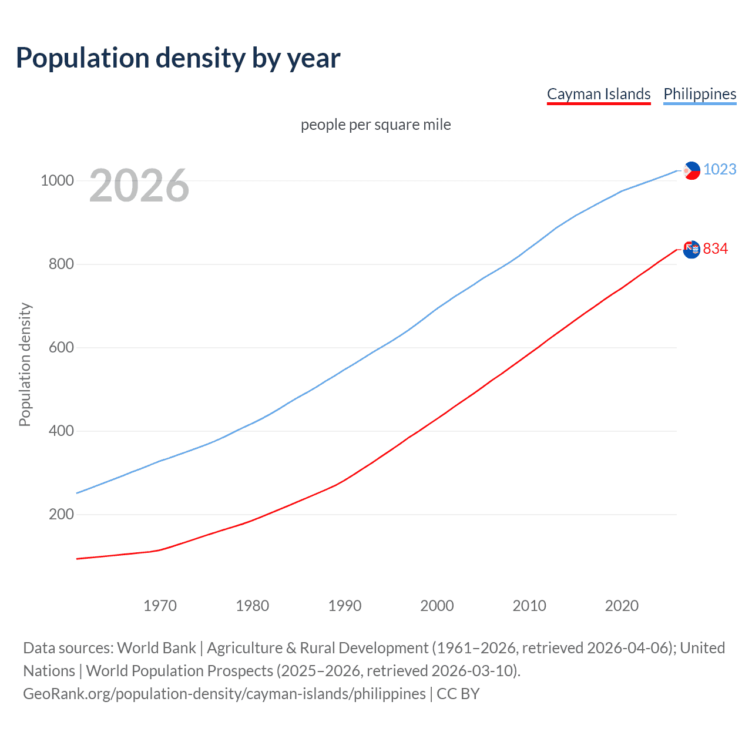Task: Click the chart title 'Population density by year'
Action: click(178, 58)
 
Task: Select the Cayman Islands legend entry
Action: click(599, 94)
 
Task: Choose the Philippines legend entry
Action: click(700, 94)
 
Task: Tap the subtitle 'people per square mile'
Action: click(376, 125)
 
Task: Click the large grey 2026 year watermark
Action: click(139, 186)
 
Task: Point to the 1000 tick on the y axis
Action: click(57, 180)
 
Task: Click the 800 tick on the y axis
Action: click(61, 264)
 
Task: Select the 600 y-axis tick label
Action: click(61, 347)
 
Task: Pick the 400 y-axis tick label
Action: click(61, 431)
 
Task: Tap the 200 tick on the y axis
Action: click(61, 514)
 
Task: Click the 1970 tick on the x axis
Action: click(160, 606)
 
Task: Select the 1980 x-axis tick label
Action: click(252, 606)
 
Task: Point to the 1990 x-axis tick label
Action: click(345, 606)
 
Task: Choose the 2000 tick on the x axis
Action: click(437, 606)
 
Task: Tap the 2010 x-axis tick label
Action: click(529, 606)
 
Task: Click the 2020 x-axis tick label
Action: click(622, 606)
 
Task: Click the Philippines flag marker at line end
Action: click(691, 170)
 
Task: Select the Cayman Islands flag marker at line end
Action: click(691, 249)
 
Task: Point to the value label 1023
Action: click(720, 169)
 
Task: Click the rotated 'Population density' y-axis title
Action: click(25, 364)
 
